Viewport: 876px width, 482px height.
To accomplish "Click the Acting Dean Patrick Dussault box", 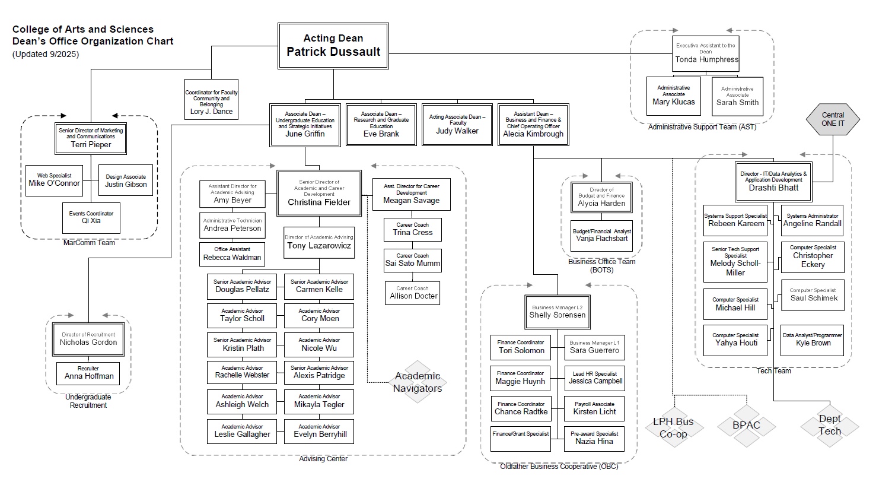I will [x=333, y=46].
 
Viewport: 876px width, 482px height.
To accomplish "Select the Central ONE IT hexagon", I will [x=833, y=119].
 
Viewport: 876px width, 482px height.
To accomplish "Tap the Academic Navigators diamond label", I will [x=418, y=382].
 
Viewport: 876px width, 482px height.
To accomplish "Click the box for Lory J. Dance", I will [x=212, y=99].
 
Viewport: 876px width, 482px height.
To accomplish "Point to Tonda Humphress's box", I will [x=706, y=56].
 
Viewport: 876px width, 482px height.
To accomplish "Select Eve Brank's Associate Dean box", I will [x=381, y=124].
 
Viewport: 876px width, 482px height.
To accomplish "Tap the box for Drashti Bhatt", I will [x=773, y=181].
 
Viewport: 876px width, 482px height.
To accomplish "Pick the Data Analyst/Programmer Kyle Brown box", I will [x=813, y=340].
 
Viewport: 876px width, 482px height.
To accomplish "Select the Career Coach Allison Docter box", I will [x=413, y=293].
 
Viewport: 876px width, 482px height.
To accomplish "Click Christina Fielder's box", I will [x=319, y=194].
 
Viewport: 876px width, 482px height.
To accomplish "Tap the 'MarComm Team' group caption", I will [x=89, y=243].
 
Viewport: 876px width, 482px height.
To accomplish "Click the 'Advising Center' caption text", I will [x=323, y=459].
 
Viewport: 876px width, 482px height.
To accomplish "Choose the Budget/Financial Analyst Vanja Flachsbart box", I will [x=601, y=236].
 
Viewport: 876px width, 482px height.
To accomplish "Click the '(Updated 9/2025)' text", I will [x=46, y=54].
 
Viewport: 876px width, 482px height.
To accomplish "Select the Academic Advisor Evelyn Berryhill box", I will [x=319, y=431].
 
